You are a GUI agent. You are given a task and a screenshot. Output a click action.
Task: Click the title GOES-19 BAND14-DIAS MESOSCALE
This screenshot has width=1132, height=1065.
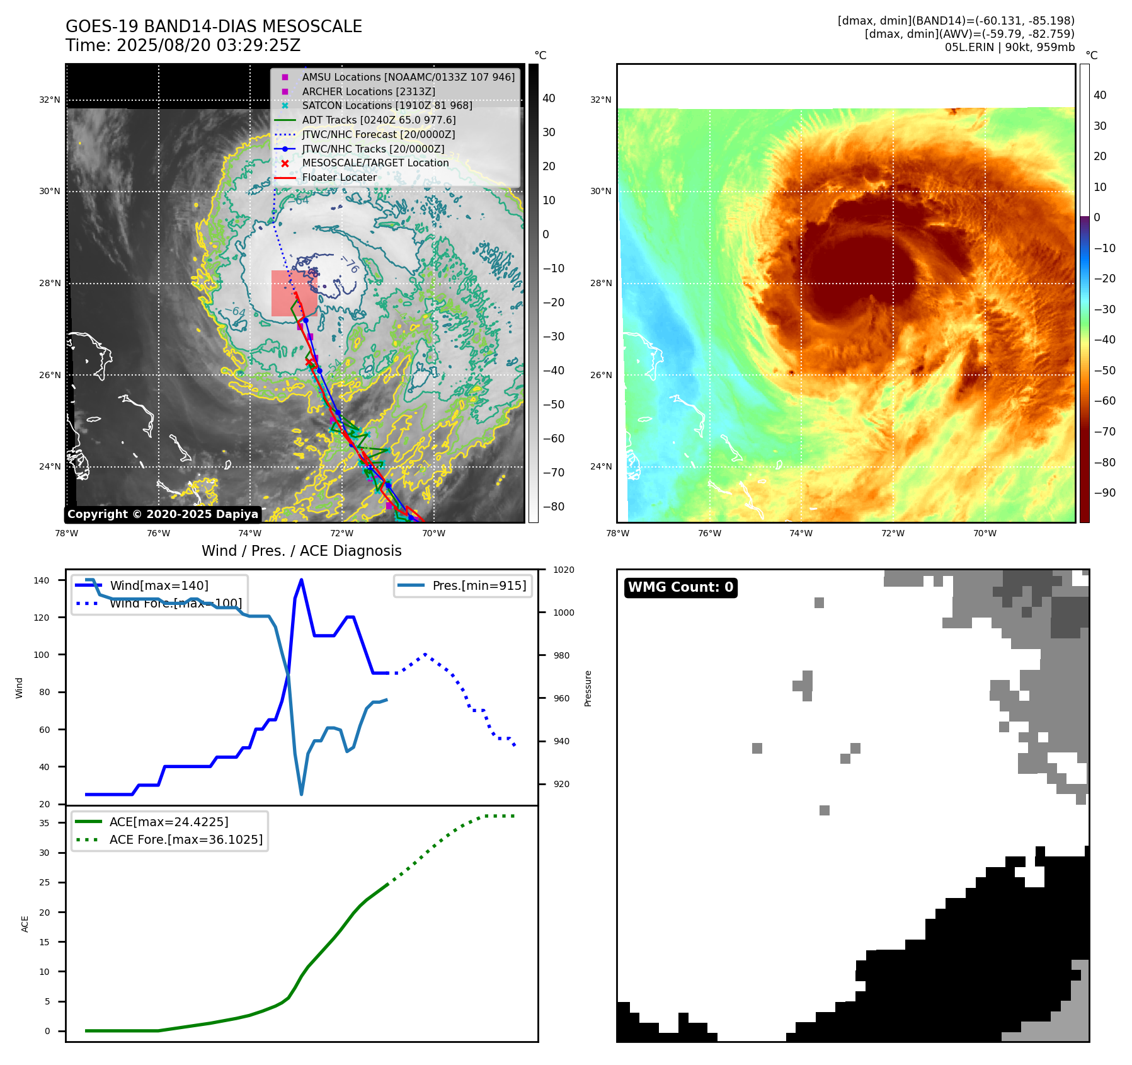214,26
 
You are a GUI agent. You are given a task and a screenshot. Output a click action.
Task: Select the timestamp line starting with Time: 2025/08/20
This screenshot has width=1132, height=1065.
183,45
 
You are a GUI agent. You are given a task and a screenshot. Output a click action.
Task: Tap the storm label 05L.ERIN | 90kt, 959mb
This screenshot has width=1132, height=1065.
1009,47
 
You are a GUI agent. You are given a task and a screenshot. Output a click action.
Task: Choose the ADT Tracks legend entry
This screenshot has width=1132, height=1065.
379,120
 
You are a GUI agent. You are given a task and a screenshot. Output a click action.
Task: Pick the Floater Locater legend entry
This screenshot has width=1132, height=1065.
339,177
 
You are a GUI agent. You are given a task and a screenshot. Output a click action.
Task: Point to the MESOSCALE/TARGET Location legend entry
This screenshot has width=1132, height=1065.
375,163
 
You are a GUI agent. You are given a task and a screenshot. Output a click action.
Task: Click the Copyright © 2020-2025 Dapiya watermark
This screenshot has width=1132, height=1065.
163,514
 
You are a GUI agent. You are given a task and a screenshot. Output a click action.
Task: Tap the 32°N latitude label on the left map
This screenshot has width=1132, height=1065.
50,100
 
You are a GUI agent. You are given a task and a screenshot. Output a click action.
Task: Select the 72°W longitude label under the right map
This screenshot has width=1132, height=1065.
893,533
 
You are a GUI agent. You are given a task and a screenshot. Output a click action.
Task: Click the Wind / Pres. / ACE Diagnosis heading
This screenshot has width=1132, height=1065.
301,551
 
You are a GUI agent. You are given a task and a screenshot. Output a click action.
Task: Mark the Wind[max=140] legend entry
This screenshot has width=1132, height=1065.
159,585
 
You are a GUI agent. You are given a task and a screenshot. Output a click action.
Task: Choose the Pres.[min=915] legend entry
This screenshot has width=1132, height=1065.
479,585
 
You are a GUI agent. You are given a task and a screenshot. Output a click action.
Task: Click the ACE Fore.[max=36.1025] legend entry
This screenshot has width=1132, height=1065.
186,839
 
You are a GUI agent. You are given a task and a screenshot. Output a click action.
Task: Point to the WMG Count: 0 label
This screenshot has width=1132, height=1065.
680,587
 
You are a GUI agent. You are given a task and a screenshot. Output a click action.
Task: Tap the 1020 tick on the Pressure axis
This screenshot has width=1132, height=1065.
563,570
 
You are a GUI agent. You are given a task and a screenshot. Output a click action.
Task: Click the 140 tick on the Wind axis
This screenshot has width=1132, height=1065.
42,580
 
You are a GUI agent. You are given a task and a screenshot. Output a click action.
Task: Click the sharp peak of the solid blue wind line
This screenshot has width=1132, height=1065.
301,580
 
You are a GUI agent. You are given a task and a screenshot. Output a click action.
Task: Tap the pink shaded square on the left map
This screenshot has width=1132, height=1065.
294,293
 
